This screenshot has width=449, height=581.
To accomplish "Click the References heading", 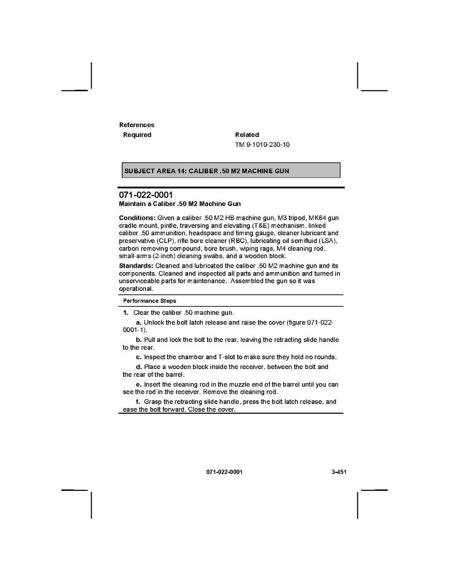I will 137,125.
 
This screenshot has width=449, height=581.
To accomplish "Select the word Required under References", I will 137,135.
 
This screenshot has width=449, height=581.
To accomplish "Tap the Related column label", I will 247,135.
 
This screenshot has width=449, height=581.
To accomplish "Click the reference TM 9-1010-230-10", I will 262,145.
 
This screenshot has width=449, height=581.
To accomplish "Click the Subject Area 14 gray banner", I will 231,170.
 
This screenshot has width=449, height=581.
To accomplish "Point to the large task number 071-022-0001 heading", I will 145,195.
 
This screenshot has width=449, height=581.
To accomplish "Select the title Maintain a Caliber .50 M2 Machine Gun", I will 180,204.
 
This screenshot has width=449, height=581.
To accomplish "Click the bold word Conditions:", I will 137,218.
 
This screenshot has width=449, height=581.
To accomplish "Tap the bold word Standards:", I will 136,266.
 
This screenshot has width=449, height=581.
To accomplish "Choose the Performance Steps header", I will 149,301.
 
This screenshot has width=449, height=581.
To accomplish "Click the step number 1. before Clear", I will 126,312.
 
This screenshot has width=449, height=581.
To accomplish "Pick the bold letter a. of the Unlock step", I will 139,323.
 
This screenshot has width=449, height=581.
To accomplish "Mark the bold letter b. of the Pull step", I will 139,340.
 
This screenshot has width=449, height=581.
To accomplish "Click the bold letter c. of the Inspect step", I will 139,357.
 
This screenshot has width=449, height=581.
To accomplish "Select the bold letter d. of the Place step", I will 139,367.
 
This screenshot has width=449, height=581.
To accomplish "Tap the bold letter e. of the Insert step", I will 139,385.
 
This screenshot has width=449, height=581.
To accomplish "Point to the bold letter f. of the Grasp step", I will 138,402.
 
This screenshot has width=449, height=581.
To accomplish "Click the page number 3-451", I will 335,472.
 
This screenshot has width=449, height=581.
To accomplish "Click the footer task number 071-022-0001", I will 224,472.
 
